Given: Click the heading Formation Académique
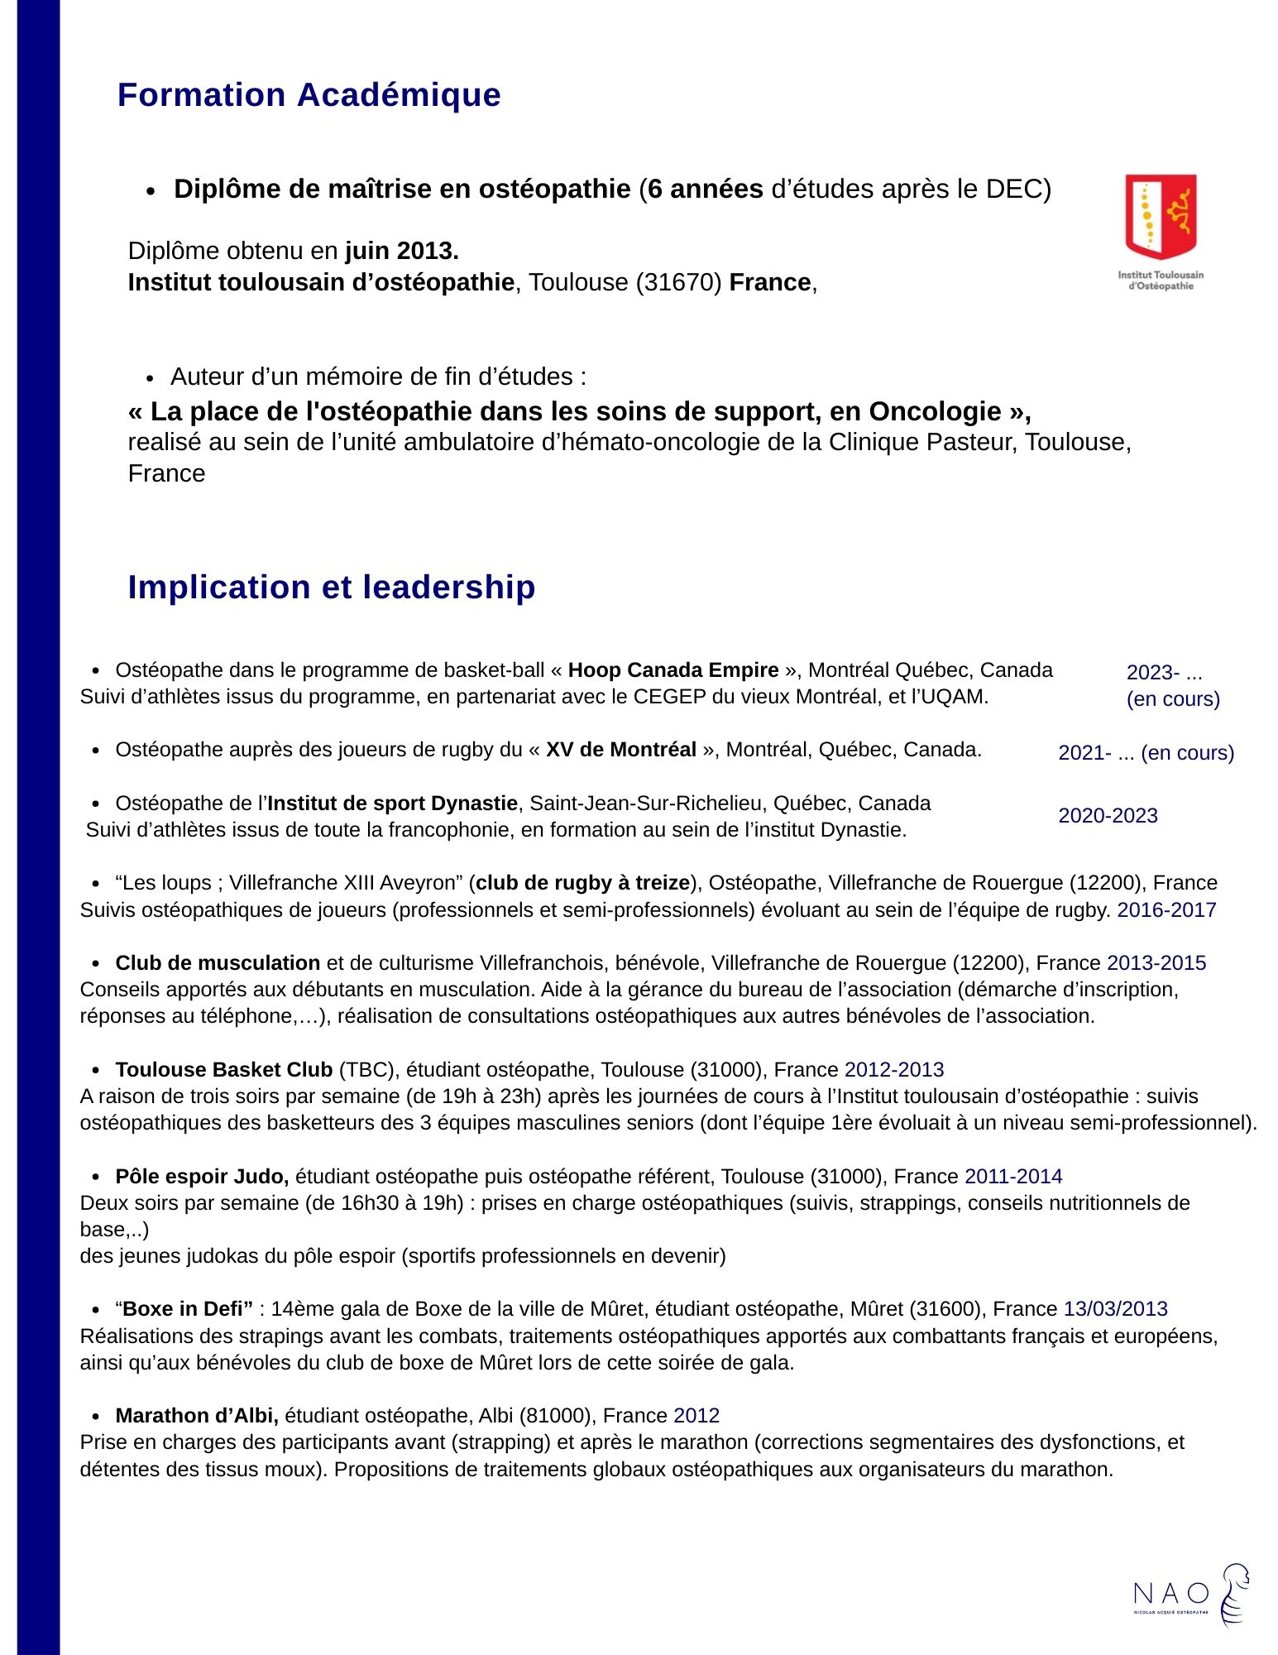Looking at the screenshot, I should coord(309,95).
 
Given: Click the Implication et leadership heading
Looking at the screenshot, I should coord(331,588).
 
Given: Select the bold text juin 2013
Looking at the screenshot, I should coord(402,251).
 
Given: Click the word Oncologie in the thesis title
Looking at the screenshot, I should coord(935,411).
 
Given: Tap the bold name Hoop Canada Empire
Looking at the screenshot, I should coord(673,670).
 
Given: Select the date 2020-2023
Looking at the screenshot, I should coord(1108,816).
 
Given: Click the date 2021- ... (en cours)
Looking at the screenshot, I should coord(1146,753).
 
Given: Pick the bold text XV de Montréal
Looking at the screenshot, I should coord(620,750).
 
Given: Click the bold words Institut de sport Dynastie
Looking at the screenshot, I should coord(392,804).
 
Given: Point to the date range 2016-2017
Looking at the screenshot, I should coord(1166,910).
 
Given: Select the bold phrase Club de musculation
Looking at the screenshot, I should coord(218,963).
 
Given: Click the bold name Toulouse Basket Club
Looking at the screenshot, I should coord(223,1070).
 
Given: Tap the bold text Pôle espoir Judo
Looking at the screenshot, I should coord(202,1177).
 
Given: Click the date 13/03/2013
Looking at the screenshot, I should coord(1115,1309).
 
